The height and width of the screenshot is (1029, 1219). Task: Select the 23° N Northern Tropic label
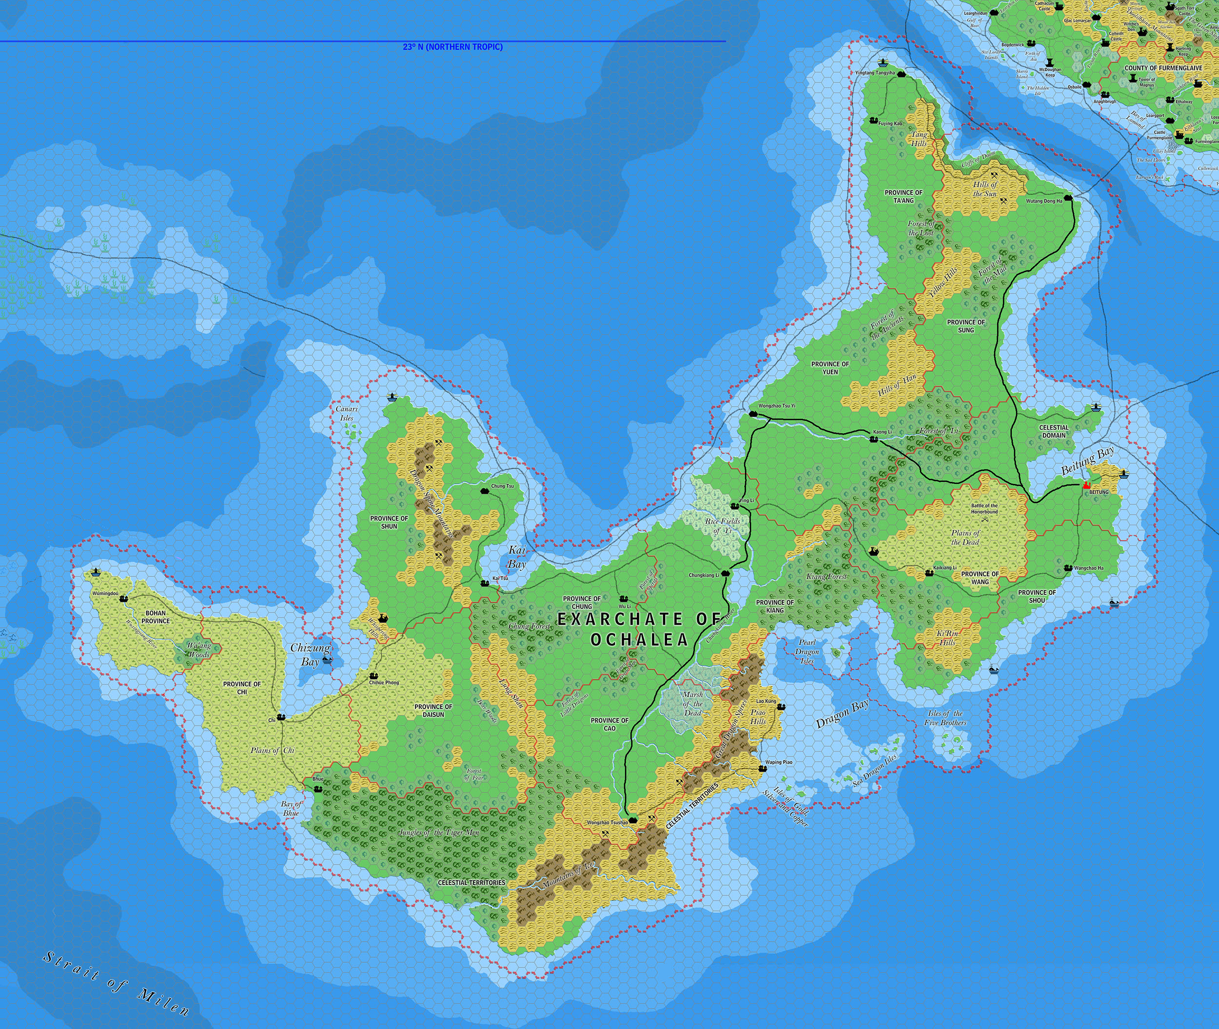pyautogui.click(x=452, y=47)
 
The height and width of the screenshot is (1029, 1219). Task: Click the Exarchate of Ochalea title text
pyautogui.click(x=639, y=629)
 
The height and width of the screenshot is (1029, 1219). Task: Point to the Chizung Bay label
pyautogui.click(x=310, y=654)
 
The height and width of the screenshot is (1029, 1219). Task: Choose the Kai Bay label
pyautogui.click(x=517, y=556)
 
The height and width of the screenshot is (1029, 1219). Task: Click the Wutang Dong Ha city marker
pyautogui.click(x=1068, y=198)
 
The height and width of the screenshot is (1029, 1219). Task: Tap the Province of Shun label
pyautogui.click(x=389, y=522)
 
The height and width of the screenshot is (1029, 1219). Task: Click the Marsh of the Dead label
pyautogui.click(x=692, y=704)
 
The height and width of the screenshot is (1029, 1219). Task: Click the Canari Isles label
pyautogui.click(x=347, y=414)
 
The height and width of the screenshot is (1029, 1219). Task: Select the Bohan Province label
pyautogui.click(x=155, y=616)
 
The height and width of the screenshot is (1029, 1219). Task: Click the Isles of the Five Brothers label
pyautogui.click(x=945, y=717)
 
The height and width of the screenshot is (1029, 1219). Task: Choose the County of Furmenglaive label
pyautogui.click(x=1155, y=68)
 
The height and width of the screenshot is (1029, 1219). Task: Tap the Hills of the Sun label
pyautogui.click(x=985, y=188)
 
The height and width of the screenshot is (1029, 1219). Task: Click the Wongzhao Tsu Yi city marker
pyautogui.click(x=752, y=414)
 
